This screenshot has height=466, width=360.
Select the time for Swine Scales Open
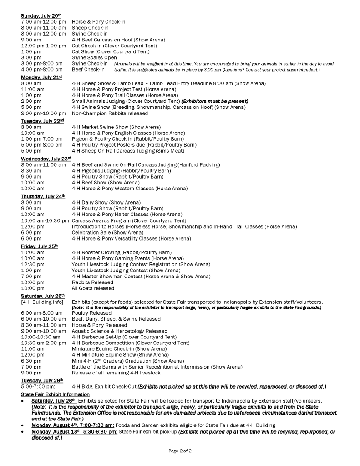click(31, 57)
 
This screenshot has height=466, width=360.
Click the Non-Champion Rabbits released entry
click(110, 113)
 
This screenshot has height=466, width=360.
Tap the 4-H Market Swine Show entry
click(116, 127)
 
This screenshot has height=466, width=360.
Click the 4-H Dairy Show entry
click(106, 202)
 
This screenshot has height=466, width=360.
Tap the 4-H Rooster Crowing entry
click(122, 252)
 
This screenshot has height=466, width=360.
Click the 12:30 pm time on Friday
click(33, 264)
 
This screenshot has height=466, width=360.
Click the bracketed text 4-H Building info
click(42, 302)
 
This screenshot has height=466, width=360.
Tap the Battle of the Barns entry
click(157, 366)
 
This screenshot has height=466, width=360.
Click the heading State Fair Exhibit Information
click(55, 394)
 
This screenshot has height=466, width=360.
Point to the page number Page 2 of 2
click(180, 451)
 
